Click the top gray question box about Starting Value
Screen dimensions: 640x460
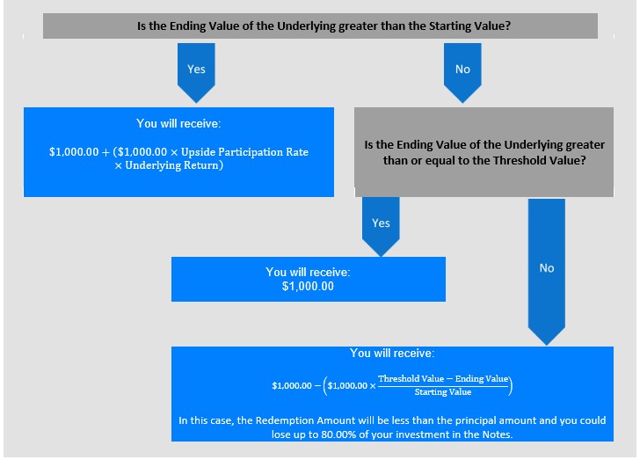320,26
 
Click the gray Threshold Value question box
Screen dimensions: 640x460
484,152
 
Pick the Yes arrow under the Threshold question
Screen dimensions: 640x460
381,227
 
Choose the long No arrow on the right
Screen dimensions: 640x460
547,272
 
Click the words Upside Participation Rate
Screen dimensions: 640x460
244,152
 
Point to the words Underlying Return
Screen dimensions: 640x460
171,165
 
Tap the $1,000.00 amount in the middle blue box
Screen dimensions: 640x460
308,287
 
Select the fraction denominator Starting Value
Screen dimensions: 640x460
443,392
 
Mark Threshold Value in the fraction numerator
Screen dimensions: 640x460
411,379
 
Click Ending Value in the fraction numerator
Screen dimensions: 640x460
482,379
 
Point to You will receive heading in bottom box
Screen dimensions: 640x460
392,353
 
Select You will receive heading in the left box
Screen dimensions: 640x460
178,123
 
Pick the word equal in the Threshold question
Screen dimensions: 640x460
447,161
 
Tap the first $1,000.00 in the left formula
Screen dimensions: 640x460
74,152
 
